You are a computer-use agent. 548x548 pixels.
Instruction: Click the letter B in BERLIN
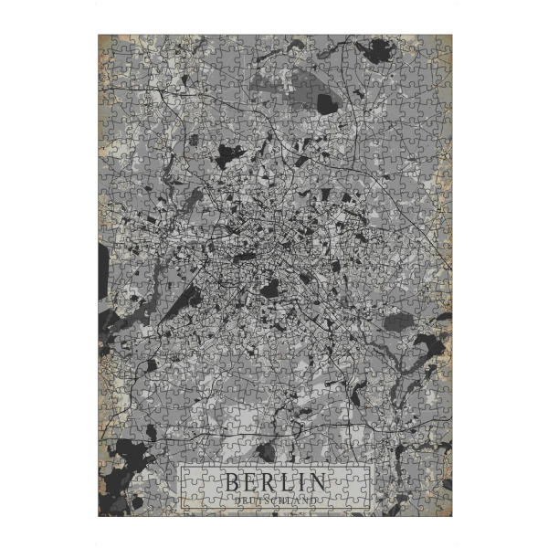233,481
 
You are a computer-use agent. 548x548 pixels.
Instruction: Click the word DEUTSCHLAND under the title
275,501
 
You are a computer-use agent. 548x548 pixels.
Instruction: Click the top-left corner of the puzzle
99,36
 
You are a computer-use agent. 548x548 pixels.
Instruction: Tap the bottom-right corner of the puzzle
451,516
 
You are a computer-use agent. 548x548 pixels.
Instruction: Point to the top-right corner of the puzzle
451,36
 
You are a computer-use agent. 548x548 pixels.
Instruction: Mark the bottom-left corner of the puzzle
99,516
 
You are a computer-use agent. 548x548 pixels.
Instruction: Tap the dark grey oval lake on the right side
399,321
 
